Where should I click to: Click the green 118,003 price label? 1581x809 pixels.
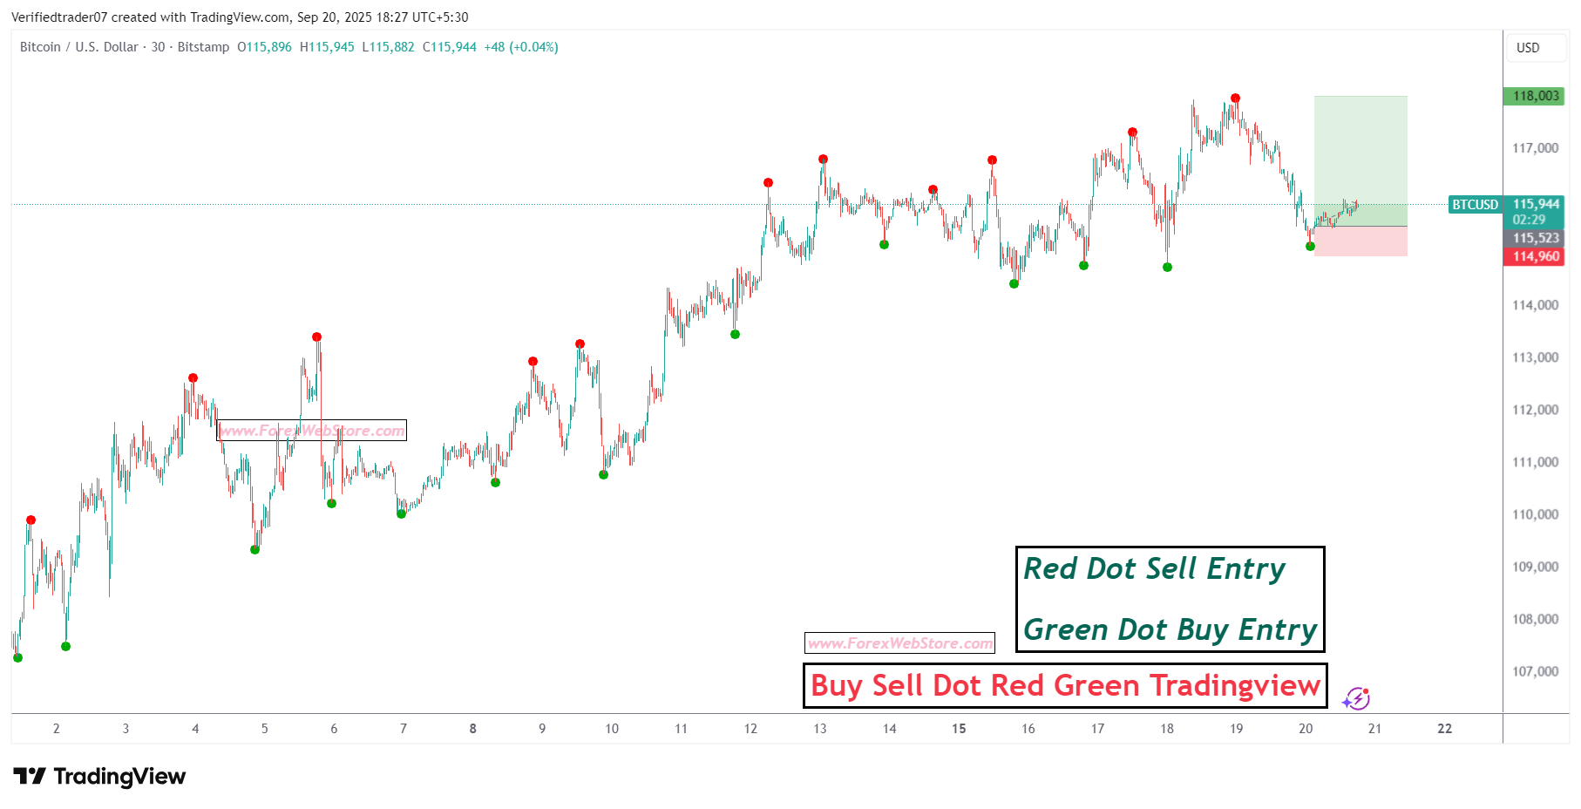coord(1535,96)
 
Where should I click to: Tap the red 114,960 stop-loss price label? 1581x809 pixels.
coord(1535,256)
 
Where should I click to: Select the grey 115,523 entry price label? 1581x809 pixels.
coord(1535,238)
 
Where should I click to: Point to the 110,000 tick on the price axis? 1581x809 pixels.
coord(1535,514)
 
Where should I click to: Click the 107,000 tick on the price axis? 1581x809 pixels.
coord(1535,671)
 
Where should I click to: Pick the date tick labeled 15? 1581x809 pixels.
coord(959,729)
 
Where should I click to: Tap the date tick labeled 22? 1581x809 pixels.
coord(1444,729)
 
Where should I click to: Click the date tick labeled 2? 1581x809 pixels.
coord(57,729)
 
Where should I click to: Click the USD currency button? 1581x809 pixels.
coord(1528,48)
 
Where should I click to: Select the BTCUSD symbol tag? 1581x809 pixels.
coord(1475,205)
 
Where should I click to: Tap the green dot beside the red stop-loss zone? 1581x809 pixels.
coord(1310,247)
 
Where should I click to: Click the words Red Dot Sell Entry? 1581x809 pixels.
coord(1154,569)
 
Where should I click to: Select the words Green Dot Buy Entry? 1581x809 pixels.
coord(1170,629)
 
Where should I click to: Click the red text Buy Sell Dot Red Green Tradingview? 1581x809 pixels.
coord(1065,685)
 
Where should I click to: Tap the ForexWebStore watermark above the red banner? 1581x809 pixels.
coord(899,643)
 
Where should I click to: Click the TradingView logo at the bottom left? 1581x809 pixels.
coord(99,776)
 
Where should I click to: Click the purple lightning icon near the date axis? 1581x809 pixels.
coord(1356,698)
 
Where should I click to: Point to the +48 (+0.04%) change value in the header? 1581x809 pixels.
coord(521,47)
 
